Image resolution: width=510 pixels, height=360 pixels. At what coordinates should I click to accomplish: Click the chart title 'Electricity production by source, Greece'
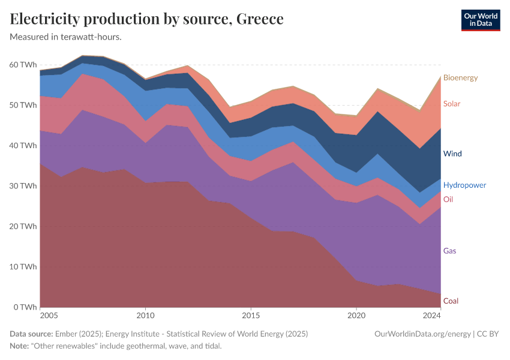point(147,19)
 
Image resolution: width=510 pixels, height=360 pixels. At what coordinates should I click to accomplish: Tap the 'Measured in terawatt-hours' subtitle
point(66,37)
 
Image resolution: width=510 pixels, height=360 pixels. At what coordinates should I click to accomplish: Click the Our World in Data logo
point(480,20)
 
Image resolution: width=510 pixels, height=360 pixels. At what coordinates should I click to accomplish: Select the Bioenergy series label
point(460,78)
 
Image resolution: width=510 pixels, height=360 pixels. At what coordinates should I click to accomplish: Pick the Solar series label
point(452,104)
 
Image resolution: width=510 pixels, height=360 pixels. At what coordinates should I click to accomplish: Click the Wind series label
point(452,154)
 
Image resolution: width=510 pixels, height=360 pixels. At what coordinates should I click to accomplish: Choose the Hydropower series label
point(464,185)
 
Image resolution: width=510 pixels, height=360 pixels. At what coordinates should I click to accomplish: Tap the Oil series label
point(448,199)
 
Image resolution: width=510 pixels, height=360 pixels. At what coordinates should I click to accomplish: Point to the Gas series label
point(450,251)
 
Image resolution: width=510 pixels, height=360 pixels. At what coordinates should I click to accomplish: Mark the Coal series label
point(451,301)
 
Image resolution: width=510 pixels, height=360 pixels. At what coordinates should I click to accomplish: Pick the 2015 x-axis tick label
point(251,316)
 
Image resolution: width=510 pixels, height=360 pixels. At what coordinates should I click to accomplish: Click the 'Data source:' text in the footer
point(31,334)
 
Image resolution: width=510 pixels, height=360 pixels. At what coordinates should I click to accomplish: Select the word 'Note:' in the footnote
point(21,346)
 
